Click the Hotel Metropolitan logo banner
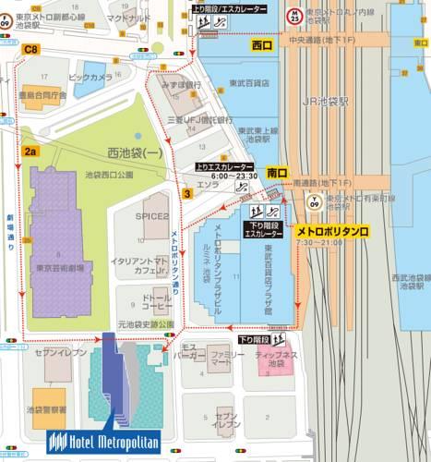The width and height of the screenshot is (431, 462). (103, 440)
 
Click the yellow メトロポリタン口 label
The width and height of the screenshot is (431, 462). (332, 230)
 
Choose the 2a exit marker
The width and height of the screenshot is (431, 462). (30, 151)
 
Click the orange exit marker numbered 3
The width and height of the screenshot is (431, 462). (186, 193)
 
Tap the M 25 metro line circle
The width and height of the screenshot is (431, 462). (293, 16)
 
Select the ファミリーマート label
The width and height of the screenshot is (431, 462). (219, 359)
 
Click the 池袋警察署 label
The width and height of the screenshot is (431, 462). (46, 407)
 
